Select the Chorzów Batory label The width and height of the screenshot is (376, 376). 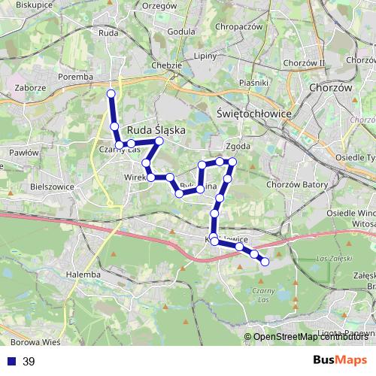point(293,183)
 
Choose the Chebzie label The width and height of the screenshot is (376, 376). point(168,65)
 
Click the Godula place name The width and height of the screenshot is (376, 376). point(182,32)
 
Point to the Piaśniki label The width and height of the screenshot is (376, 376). point(253,82)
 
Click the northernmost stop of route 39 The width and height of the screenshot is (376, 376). point(111,93)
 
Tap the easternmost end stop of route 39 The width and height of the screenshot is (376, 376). point(265,262)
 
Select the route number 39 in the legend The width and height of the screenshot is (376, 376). point(29,362)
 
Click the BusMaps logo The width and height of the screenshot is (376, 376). point(340,362)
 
